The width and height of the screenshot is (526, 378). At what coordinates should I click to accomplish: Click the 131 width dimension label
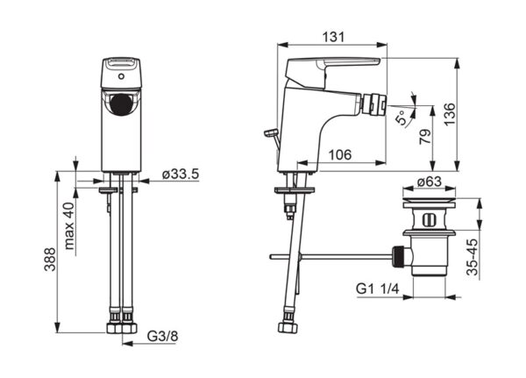click(333, 37)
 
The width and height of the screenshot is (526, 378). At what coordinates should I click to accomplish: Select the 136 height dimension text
click(451, 115)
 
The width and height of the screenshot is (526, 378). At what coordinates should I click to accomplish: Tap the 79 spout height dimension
click(425, 137)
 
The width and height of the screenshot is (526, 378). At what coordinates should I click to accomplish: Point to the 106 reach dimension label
click(340, 154)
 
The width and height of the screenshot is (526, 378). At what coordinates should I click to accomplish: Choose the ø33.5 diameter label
click(181, 175)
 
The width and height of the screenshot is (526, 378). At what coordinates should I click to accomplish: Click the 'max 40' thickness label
click(69, 226)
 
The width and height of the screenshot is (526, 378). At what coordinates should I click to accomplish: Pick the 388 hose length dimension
click(50, 259)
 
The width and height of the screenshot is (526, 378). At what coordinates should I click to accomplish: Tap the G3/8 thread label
click(163, 336)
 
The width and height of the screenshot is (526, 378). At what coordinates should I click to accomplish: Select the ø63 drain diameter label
click(430, 182)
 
